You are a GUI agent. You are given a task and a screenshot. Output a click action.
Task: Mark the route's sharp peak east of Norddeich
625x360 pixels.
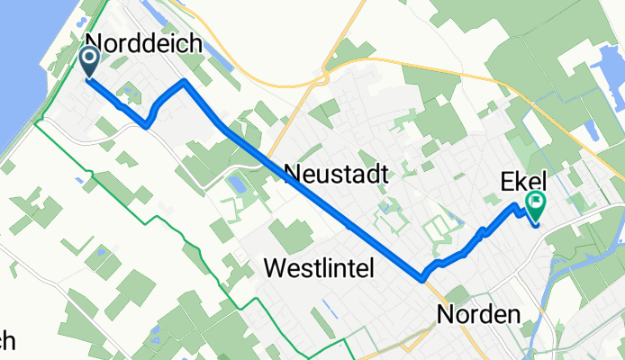point(184,83)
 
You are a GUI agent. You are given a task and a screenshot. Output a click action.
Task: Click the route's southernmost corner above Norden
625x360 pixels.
point(421,278)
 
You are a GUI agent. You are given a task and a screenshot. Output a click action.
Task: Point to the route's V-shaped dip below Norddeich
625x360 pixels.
point(146,125)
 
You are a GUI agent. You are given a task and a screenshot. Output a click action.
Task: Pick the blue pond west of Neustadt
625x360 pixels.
point(237,184)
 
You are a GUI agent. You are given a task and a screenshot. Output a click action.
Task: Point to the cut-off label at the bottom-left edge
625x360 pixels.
point(8,341)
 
